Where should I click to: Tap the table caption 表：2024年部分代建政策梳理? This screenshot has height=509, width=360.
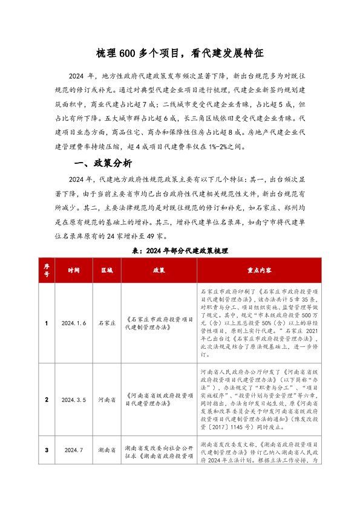[180, 250]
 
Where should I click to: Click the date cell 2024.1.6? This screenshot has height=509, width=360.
[74, 324]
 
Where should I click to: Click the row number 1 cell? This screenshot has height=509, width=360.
[47, 324]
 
